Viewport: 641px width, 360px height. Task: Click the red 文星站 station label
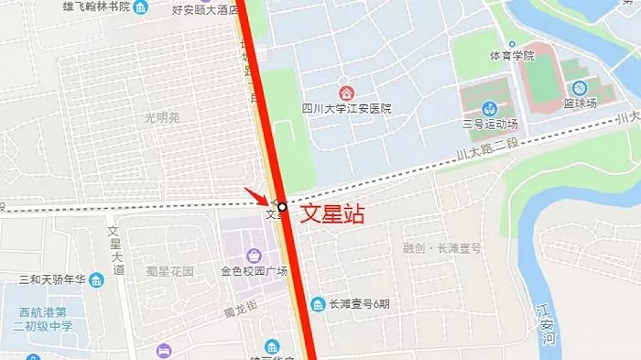click(x=333, y=215)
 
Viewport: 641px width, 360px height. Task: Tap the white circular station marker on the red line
click(x=283, y=207)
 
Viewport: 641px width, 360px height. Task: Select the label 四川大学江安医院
click(x=346, y=108)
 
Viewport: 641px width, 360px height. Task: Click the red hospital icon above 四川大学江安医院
click(x=346, y=92)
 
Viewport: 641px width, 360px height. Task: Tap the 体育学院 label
click(x=511, y=56)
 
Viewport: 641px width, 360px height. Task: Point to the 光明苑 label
click(x=162, y=117)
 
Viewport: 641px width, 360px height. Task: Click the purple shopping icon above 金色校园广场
click(x=255, y=254)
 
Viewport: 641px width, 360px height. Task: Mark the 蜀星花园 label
click(x=170, y=272)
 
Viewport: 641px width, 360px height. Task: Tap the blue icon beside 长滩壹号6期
click(x=318, y=304)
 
